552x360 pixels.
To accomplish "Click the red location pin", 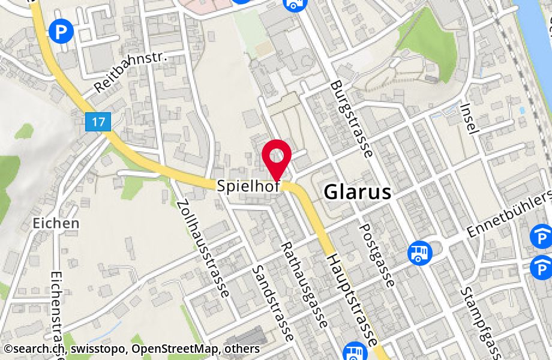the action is coord(277,157).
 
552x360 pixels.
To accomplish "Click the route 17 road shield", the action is coord(99,122).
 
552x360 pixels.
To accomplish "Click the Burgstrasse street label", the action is coord(352,118).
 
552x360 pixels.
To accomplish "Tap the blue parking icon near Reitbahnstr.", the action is coord(60,31).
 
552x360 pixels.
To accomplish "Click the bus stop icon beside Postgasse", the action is coord(419,253).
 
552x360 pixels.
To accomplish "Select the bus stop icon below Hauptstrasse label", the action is coord(354,352).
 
